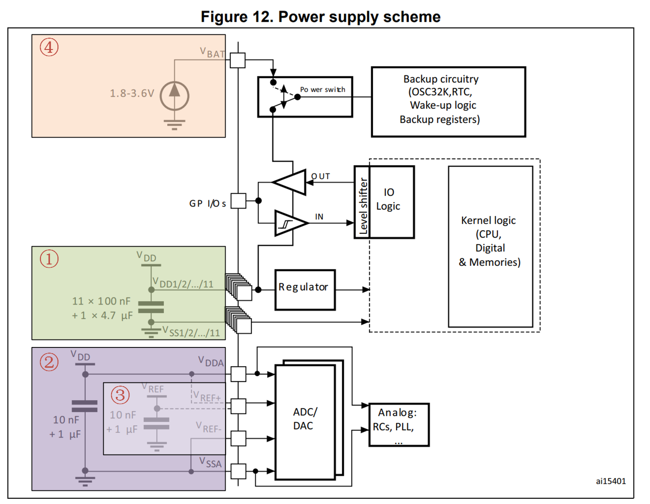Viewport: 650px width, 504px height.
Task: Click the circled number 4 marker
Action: pyautogui.click(x=49, y=47)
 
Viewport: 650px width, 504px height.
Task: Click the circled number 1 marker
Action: pyautogui.click(x=49, y=259)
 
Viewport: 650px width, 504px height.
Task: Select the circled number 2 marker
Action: pyautogui.click(x=49, y=362)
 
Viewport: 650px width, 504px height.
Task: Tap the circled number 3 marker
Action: pyautogui.click(x=120, y=395)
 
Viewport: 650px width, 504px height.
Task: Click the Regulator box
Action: pyautogui.click(x=305, y=289)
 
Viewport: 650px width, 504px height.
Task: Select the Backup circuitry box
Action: pyautogui.click(x=448, y=102)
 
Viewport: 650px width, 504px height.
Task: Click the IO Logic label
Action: pyautogui.click(x=388, y=199)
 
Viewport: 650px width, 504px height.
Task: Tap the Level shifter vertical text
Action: pyautogui.click(x=363, y=206)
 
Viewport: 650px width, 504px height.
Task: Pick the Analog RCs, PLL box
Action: pyautogui.click(x=398, y=424)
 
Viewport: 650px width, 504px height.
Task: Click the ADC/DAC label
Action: pyautogui.click(x=304, y=419)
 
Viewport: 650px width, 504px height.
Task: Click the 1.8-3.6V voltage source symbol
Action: pyautogui.click(x=174, y=96)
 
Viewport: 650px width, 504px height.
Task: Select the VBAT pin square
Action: pyautogui.click(x=238, y=60)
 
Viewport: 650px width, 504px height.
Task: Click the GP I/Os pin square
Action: pyautogui.click(x=238, y=201)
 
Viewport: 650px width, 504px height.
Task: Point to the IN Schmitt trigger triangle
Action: pyautogui.click(x=289, y=223)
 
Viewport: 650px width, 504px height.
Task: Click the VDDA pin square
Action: pyautogui.click(x=238, y=374)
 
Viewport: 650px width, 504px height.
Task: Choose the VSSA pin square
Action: pyautogui.click(x=238, y=471)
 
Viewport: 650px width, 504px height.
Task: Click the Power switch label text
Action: pyautogui.click(x=323, y=90)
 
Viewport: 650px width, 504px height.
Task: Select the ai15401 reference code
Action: pyautogui.click(x=610, y=481)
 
